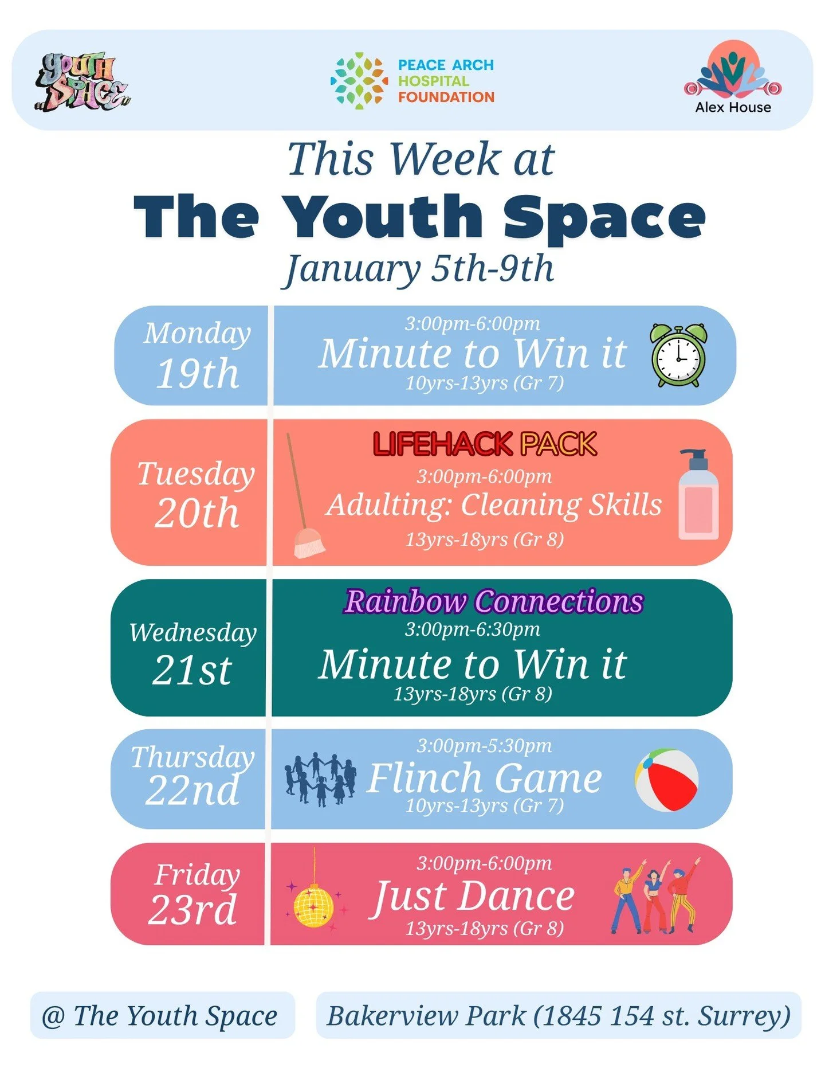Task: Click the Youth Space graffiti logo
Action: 82,81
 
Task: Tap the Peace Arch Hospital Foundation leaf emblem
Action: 359,81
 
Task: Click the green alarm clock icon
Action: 679,355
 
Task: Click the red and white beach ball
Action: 666,780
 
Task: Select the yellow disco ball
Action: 313,905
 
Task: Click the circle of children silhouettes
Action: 320,780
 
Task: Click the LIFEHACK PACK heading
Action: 485,444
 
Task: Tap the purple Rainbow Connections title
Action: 494,601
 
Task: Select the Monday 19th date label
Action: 197,355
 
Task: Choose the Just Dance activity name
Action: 473,896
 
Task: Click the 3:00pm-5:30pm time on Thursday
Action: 484,745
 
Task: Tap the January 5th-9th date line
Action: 419,269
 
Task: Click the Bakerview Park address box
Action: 559,1015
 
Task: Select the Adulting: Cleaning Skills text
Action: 494,505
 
